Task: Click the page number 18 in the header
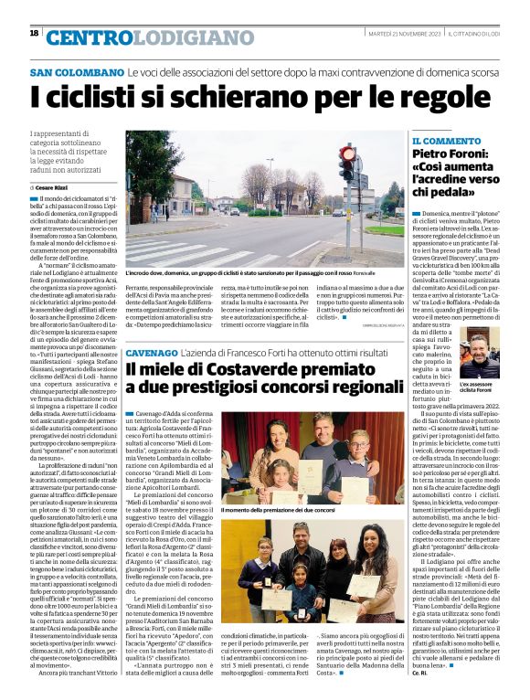pyautogui.click(x=35, y=34)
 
